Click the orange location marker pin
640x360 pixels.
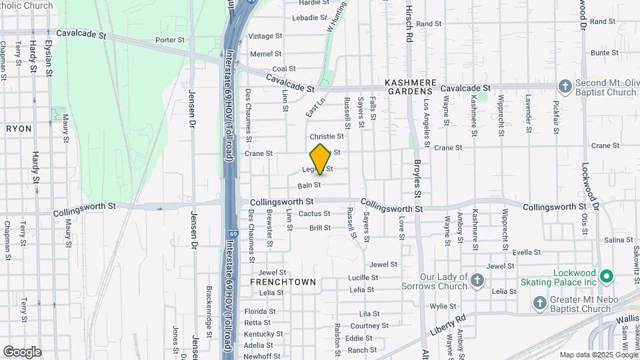(x=321, y=159)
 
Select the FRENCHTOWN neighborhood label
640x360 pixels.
(x=283, y=282)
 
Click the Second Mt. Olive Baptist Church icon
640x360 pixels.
(x=565, y=86)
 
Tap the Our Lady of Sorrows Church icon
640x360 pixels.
(x=477, y=281)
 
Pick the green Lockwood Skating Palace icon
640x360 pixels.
(x=606, y=275)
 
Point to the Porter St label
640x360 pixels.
(x=169, y=40)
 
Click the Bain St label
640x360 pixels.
(x=309, y=185)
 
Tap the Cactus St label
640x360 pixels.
(x=314, y=214)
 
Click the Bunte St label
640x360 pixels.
(x=604, y=53)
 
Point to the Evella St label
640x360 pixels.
(x=527, y=253)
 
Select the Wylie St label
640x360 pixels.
(x=437, y=307)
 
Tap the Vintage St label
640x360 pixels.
(x=261, y=36)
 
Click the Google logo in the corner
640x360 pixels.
(x=22, y=351)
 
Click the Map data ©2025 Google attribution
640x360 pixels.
(x=598, y=355)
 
